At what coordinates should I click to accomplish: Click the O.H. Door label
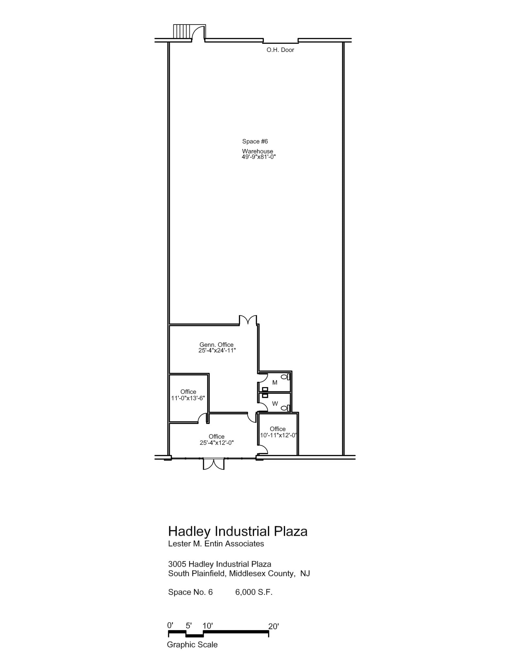[280, 50]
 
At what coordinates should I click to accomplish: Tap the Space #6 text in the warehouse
[255, 141]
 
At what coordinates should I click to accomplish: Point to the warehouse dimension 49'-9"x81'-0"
[259, 157]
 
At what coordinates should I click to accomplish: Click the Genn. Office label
[217, 345]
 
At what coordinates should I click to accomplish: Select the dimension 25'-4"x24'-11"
[217, 351]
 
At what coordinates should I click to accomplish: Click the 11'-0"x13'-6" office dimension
[188, 398]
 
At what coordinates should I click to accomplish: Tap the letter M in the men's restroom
[275, 383]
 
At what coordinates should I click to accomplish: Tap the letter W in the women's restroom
[275, 404]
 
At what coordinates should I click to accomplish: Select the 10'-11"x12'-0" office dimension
[278, 435]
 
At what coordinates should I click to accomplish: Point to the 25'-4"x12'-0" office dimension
[217, 443]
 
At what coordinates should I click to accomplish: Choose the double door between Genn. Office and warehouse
[248, 320]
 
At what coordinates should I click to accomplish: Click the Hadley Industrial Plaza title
[237, 531]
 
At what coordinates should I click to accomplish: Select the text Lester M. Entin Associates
[216, 544]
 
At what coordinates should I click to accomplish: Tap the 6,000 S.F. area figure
[254, 592]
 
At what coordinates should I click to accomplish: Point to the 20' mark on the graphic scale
[273, 626]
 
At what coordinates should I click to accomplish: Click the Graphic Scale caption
[192, 645]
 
